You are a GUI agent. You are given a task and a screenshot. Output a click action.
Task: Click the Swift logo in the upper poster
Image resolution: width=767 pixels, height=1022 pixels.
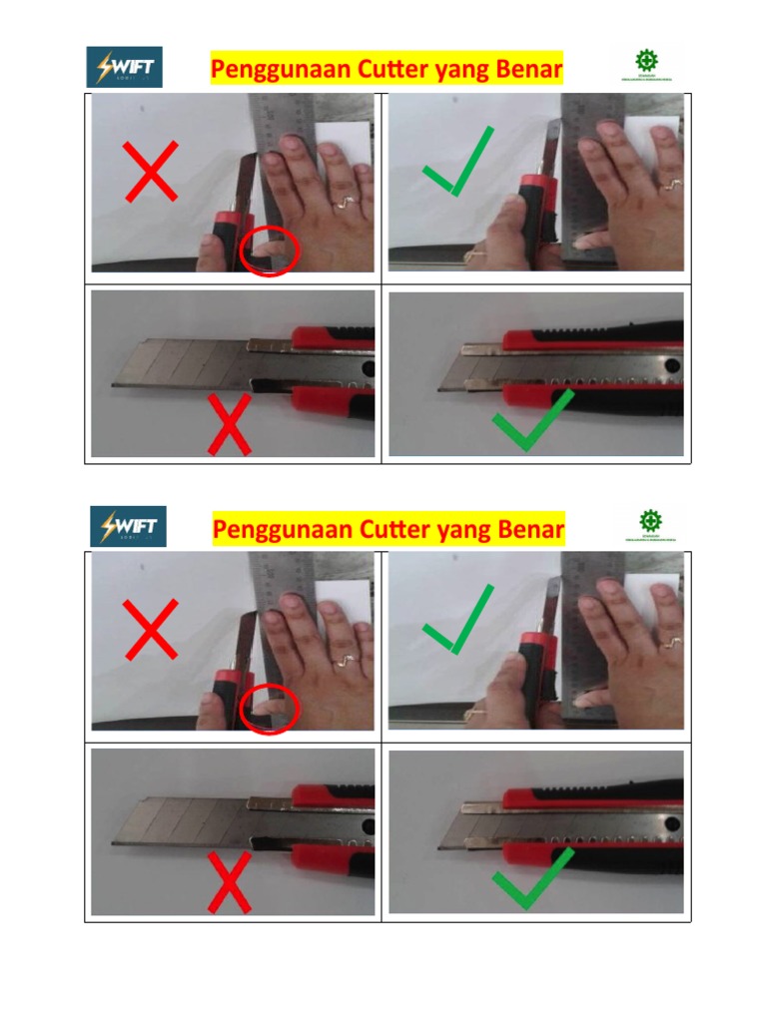[x=124, y=67]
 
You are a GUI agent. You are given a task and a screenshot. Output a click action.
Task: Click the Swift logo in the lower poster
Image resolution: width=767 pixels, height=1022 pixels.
[x=128, y=526]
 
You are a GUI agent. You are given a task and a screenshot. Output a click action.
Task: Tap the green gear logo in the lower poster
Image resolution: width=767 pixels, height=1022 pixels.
[x=650, y=521]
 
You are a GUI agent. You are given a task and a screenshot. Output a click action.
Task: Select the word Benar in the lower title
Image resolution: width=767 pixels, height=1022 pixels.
[x=524, y=528]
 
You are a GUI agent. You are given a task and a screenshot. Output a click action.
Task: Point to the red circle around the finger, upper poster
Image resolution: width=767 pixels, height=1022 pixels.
[x=270, y=250]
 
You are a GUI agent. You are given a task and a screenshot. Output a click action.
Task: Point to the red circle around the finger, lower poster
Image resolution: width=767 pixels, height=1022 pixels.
[x=270, y=709]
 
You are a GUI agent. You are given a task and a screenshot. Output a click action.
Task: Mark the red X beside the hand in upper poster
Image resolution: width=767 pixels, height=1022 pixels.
[x=151, y=171]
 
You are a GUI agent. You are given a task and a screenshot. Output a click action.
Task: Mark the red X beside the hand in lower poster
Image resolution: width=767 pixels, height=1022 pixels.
[x=151, y=629]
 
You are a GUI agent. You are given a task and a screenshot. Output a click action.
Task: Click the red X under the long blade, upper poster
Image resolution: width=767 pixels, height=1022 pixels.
[x=229, y=425]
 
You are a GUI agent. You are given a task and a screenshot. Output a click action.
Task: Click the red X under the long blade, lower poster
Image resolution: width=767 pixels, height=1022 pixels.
[x=229, y=882]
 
